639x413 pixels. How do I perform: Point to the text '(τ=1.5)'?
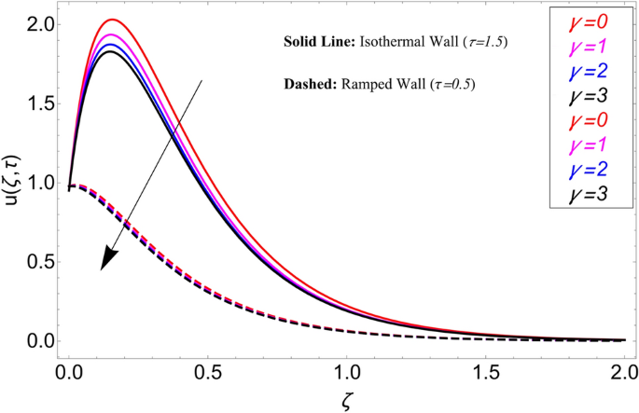click(x=478, y=44)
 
